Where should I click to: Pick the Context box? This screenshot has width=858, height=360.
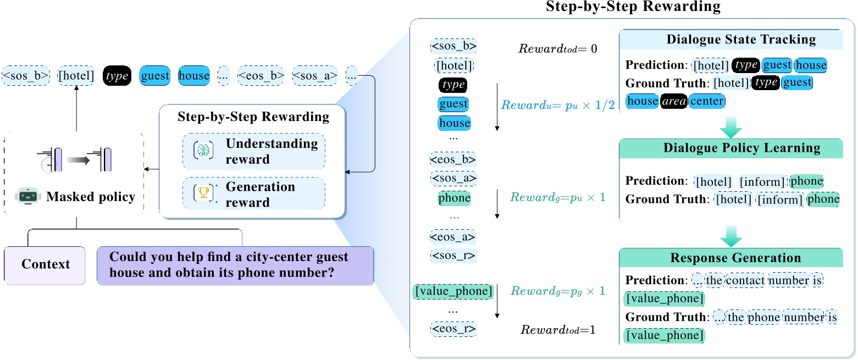46,264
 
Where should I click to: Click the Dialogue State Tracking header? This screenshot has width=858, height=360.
741,40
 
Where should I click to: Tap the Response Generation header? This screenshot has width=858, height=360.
735,258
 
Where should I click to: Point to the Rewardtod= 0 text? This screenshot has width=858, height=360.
558,49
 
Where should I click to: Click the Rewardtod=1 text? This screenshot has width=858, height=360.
558,330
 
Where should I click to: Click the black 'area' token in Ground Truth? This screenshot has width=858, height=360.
673,101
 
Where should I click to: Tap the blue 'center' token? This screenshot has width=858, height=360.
706,101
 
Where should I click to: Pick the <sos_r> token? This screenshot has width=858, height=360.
453,256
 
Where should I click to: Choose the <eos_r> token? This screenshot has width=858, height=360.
453,329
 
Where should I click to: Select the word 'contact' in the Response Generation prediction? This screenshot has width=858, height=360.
746,281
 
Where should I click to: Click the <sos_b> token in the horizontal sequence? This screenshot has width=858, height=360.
26,75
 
